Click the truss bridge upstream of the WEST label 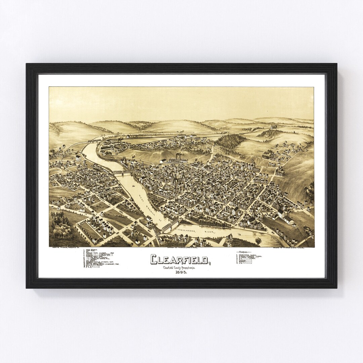pos(122,172)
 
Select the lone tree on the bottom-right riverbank pos(258,241)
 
